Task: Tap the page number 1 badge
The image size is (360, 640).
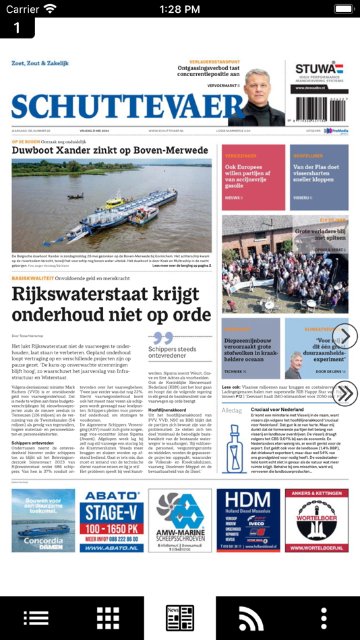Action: coord(17,28)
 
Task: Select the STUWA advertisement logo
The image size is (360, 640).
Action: coord(319,69)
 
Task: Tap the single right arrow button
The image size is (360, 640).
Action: coord(344,335)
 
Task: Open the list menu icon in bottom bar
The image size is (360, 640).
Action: coord(36,617)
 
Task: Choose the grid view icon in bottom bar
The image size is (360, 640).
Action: coord(108,617)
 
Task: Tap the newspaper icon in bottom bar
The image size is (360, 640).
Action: coord(180,617)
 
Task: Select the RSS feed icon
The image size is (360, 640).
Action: coord(251,617)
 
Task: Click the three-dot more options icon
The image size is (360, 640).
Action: coord(324,617)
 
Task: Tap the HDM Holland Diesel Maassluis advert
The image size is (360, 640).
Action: coord(248,521)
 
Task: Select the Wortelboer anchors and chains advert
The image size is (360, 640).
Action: coord(316,521)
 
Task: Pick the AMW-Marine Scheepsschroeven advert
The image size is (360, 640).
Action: coord(179,521)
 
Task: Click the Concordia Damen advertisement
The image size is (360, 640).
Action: coord(43,521)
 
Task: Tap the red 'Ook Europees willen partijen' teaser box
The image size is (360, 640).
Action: coord(253,177)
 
